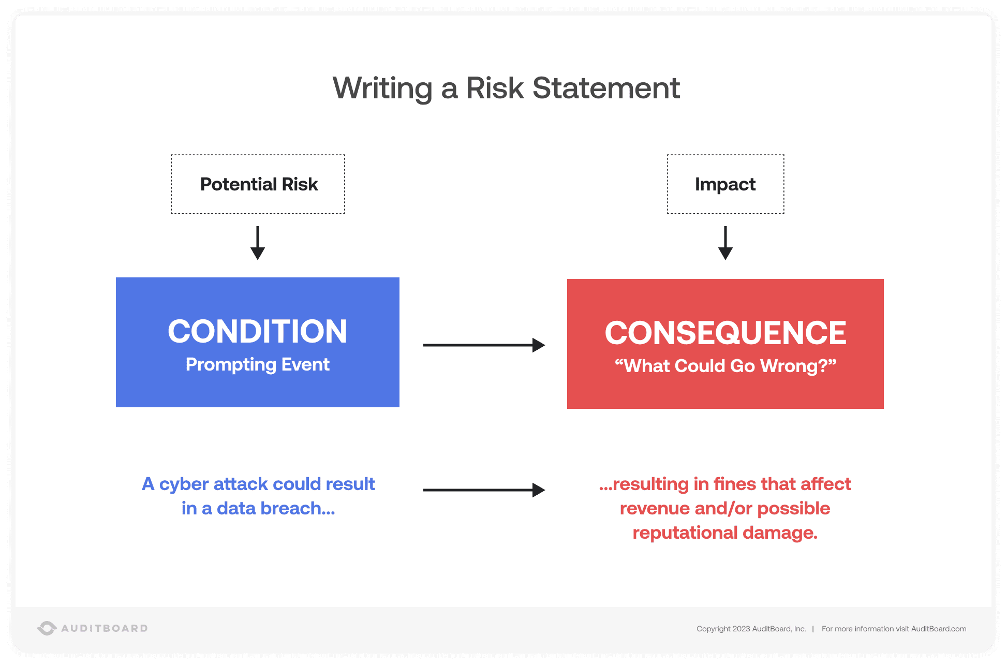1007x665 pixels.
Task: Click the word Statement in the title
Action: tap(605, 88)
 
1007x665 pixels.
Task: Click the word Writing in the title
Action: tap(382, 88)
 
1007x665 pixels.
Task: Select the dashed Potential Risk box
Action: tap(258, 184)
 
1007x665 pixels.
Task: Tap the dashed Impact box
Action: tap(725, 184)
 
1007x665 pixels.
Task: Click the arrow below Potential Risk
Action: tap(258, 243)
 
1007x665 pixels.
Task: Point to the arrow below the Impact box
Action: tap(725, 243)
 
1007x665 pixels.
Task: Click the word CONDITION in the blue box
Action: tap(257, 331)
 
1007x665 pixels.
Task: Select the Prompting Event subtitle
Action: tap(257, 364)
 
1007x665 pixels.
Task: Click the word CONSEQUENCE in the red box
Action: tap(725, 333)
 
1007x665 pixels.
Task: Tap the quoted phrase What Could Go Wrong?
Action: tap(725, 366)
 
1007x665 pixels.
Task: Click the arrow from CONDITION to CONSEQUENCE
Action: tap(483, 345)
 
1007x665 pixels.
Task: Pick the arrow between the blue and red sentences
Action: tap(483, 490)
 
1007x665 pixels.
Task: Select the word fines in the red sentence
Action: tap(734, 484)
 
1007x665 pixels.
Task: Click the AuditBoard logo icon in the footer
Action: tap(47, 628)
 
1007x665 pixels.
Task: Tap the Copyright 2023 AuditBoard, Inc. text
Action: tap(751, 629)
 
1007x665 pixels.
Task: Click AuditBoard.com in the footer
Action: tap(938, 629)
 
